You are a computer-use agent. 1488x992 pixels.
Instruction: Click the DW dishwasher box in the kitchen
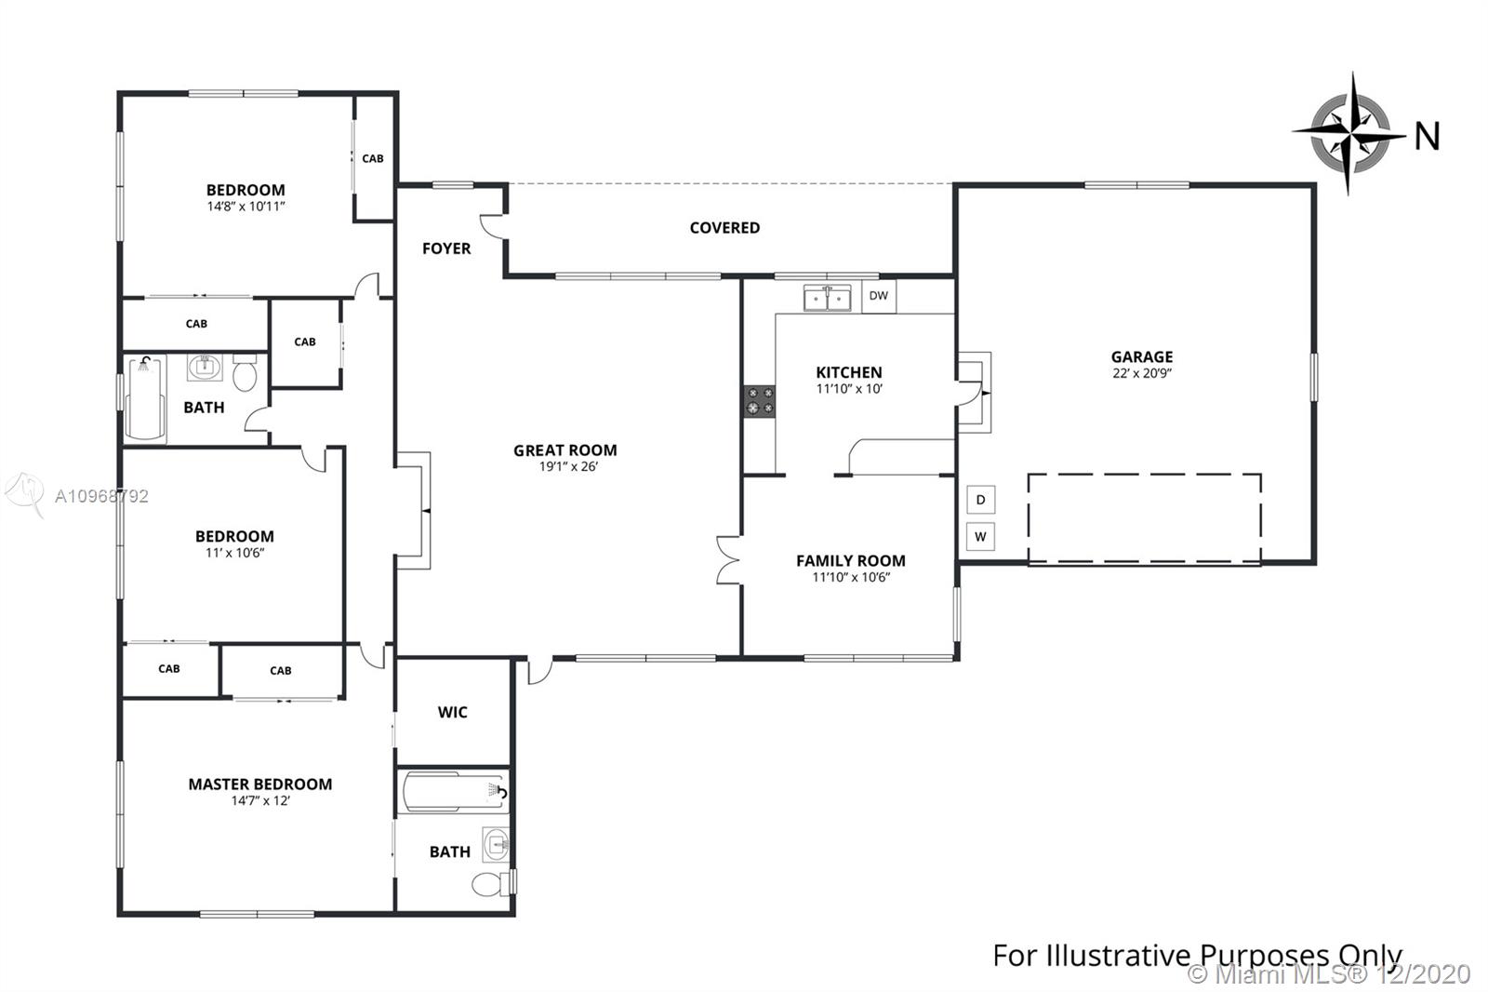coord(879,296)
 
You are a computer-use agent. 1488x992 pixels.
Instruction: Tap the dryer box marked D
coord(980,500)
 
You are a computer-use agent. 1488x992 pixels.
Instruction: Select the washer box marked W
coord(980,537)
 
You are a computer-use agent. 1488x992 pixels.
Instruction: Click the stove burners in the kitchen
coord(759,402)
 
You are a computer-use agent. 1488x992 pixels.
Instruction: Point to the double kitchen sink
coord(827,299)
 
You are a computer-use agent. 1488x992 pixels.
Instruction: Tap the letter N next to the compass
coord(1428,137)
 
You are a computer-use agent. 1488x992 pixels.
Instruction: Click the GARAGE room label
coord(1142,357)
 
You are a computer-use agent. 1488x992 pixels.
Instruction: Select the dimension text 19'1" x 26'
coord(568,467)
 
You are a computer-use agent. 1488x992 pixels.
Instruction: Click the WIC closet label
coord(452,712)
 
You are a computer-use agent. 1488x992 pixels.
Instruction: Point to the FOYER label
coord(446,248)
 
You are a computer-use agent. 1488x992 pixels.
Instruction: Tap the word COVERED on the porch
coord(724,228)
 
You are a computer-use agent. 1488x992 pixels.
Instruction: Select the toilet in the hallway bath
coord(246,373)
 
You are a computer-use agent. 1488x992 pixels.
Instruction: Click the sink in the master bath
coord(497,845)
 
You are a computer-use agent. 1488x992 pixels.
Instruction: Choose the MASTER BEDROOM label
coord(260,784)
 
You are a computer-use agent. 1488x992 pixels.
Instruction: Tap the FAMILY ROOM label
coord(851,561)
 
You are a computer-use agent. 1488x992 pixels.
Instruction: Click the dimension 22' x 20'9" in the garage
coord(1142,374)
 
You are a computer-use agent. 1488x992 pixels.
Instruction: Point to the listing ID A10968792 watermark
coord(101,496)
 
